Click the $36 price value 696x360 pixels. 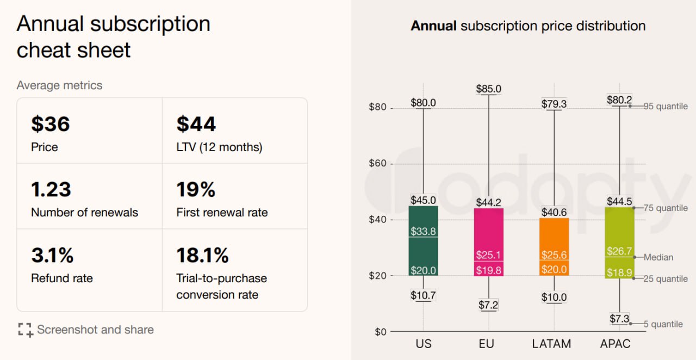[x=51, y=125]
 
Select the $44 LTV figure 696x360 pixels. [x=196, y=125]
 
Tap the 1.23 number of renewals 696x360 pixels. [x=51, y=190]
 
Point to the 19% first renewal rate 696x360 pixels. [x=196, y=190]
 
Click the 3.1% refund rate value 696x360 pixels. [x=52, y=255]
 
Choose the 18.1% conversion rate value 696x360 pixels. [x=202, y=255]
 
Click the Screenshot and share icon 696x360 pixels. [x=25, y=330]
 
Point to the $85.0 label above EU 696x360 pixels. [x=488, y=89]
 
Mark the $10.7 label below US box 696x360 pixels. [x=423, y=296]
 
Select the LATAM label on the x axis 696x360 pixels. [x=551, y=344]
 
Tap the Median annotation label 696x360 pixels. [x=658, y=257]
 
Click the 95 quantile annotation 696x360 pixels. [x=666, y=107]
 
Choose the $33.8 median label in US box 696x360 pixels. [x=423, y=232]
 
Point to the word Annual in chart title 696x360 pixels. [x=433, y=26]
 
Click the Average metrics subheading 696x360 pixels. [x=59, y=85]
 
